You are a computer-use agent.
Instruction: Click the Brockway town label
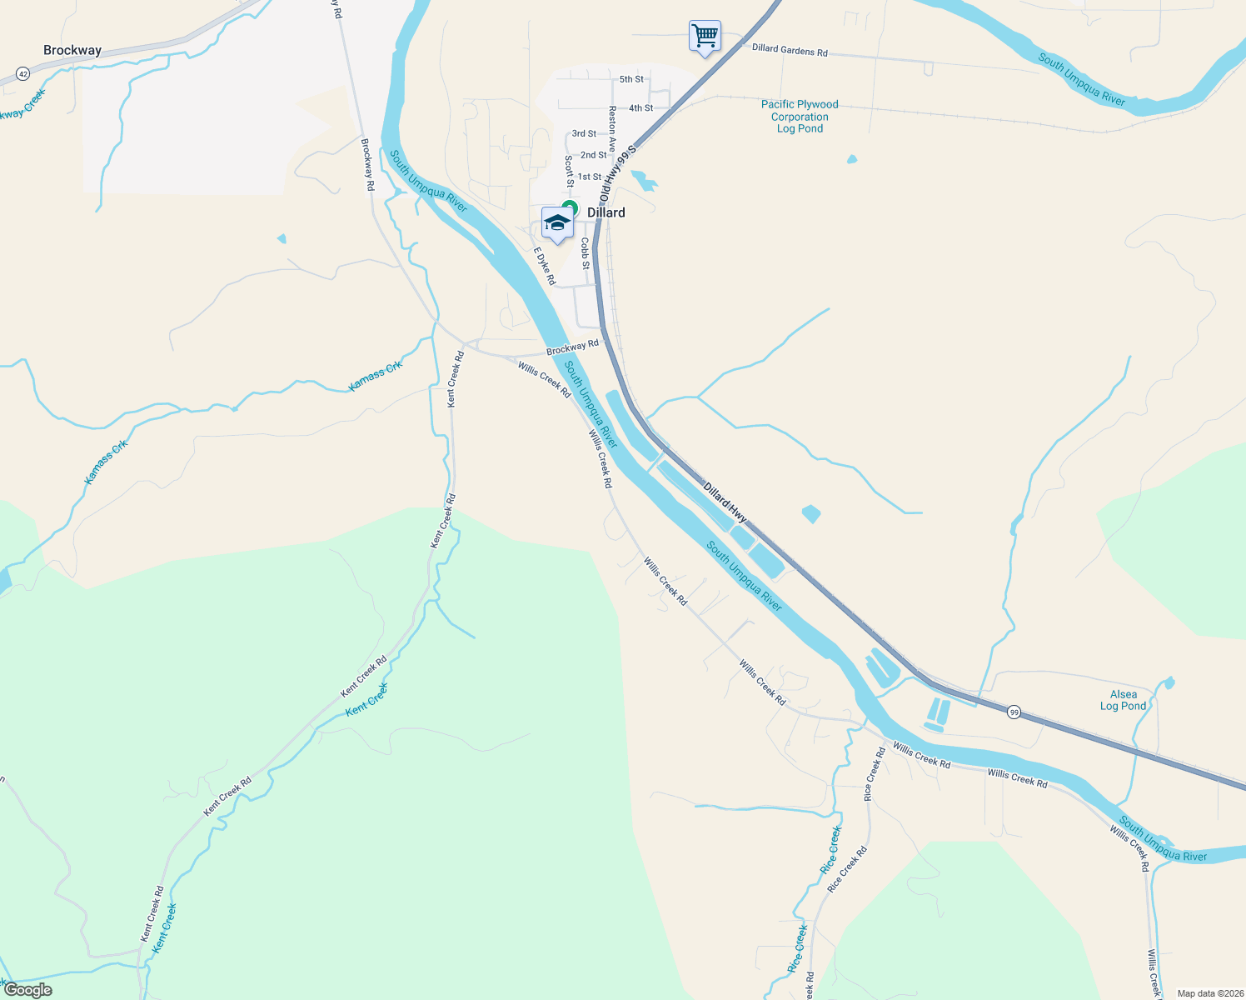pos(72,51)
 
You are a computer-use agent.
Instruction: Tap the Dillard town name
pos(606,212)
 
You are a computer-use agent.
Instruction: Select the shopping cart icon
pos(705,37)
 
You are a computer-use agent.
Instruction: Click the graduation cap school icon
pos(556,223)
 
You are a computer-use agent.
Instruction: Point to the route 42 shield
pos(22,74)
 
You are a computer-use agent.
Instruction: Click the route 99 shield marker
pos(1013,712)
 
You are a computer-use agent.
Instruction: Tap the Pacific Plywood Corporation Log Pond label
pos(800,117)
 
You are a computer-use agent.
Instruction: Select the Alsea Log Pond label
pos(1123,700)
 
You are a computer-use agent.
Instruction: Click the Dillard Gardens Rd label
pos(790,50)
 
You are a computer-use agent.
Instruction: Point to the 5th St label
pos(631,79)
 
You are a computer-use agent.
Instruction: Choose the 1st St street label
pos(590,177)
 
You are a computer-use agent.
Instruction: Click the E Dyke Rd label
pos(545,266)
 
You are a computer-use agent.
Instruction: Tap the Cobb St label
pos(586,253)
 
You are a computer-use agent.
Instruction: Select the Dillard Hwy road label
pos(725,502)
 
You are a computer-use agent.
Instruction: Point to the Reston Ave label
pos(613,127)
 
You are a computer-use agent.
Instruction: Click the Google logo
pos(28,990)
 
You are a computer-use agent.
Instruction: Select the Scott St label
pos(570,171)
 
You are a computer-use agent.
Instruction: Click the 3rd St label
pos(584,133)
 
